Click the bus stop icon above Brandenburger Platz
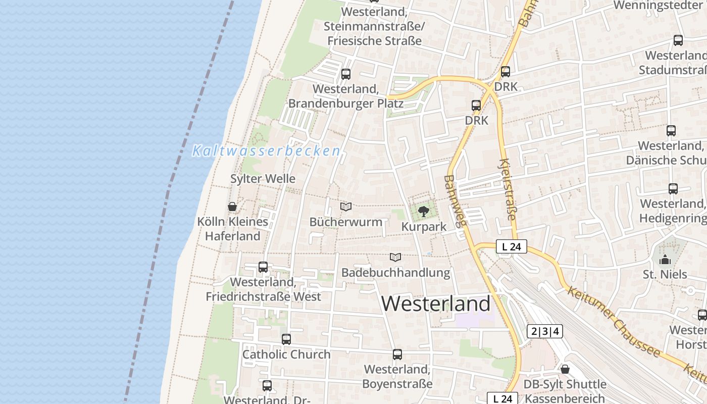pyautogui.click(x=346, y=74)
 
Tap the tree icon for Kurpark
pyautogui.click(x=423, y=211)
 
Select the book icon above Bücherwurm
pyautogui.click(x=346, y=207)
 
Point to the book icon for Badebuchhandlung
pyautogui.click(x=395, y=257)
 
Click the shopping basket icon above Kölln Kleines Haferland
pyautogui.click(x=232, y=207)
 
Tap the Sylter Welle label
pyautogui.click(x=263, y=179)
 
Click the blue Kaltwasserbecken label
pyautogui.click(x=266, y=150)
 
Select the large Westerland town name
pyautogui.click(x=435, y=304)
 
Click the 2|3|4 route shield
pyautogui.click(x=544, y=331)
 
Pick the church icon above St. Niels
pyautogui.click(x=665, y=260)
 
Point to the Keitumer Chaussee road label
pyautogui.click(x=613, y=321)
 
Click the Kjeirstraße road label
pyautogui.click(x=507, y=189)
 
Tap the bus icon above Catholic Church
pyautogui.click(x=286, y=339)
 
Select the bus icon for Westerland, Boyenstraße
pyautogui.click(x=397, y=355)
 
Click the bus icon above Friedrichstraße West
pyautogui.click(x=263, y=267)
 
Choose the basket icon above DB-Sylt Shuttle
pyautogui.click(x=565, y=369)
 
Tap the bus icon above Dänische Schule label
pyautogui.click(x=671, y=131)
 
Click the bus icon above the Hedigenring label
pyautogui.click(x=673, y=189)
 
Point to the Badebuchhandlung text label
pyautogui.click(x=395, y=273)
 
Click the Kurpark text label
pyautogui.click(x=424, y=227)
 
